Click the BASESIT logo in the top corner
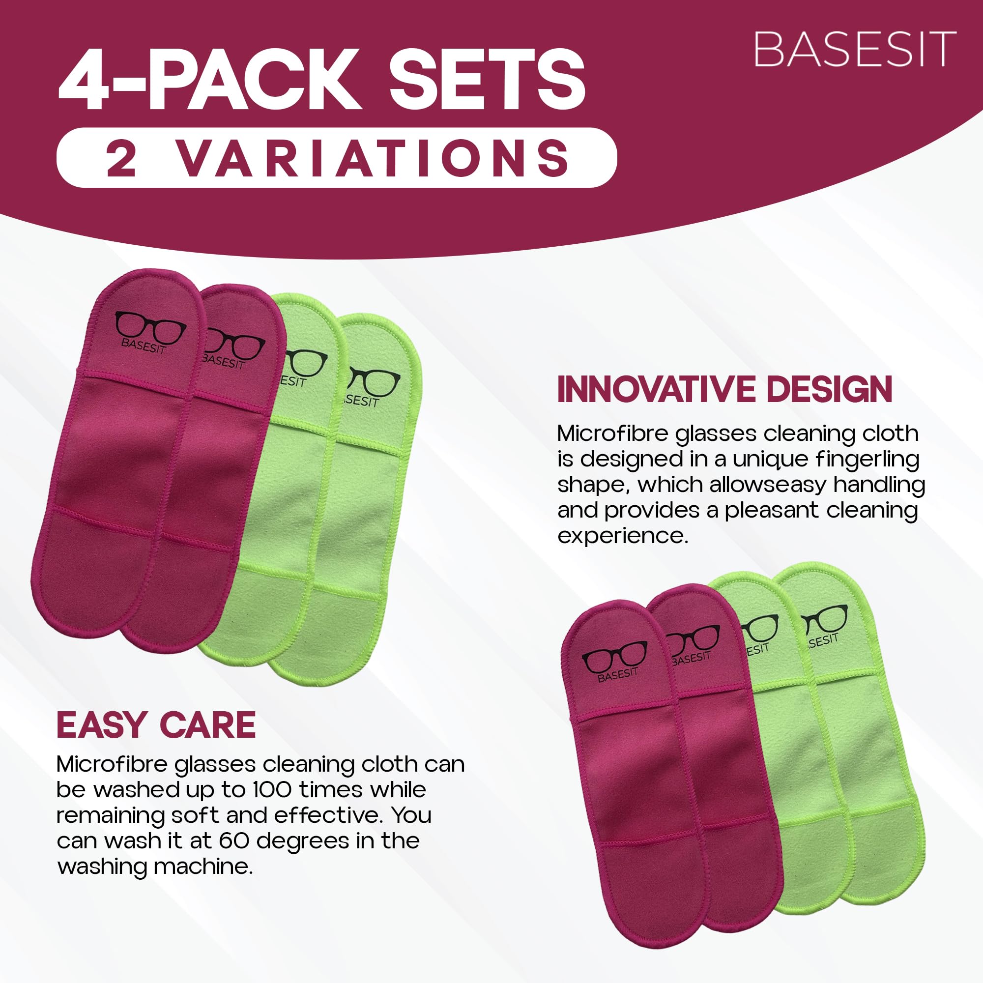pos(854,49)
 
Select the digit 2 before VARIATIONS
pos(121,158)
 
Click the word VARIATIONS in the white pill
pos(374,158)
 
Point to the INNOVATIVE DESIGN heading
pos(724,390)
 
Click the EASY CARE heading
pos(156,725)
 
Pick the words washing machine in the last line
pos(155,867)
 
